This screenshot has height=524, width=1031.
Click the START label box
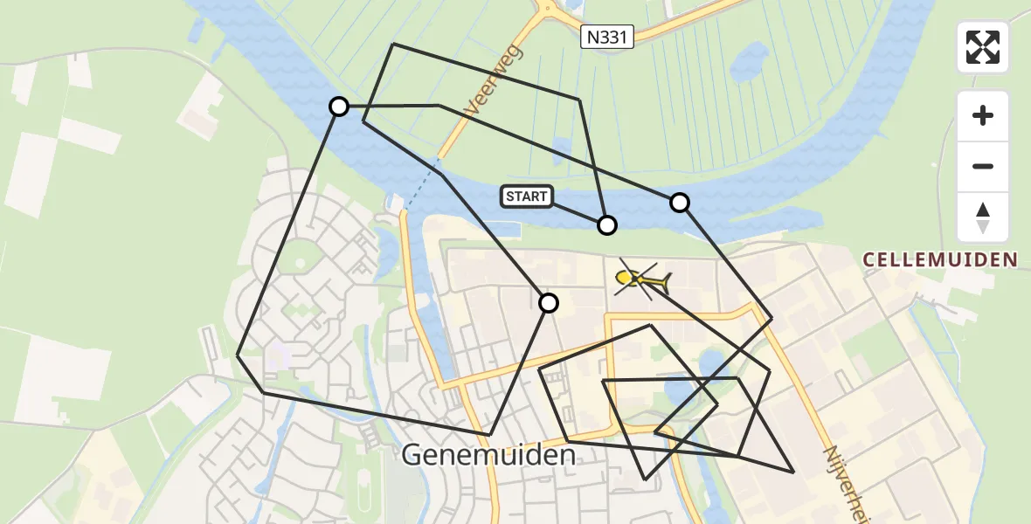(x=527, y=196)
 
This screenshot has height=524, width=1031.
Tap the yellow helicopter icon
(x=642, y=279)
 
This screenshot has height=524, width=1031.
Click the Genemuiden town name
(x=489, y=455)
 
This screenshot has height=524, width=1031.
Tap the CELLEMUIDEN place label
(x=939, y=259)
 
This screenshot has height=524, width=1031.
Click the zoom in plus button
(x=983, y=115)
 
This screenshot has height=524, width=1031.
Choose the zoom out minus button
(x=983, y=166)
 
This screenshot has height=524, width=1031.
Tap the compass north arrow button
(x=983, y=217)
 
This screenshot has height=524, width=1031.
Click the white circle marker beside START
(x=607, y=225)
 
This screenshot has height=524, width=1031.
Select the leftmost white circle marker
(x=339, y=107)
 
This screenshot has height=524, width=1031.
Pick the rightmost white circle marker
(x=680, y=203)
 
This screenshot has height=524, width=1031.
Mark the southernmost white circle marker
(x=549, y=303)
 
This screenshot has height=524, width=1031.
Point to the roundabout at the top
(x=549, y=9)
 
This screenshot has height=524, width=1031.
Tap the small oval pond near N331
(x=750, y=61)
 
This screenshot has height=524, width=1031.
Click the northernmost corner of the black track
(x=393, y=43)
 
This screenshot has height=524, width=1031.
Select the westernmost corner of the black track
(x=238, y=355)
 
